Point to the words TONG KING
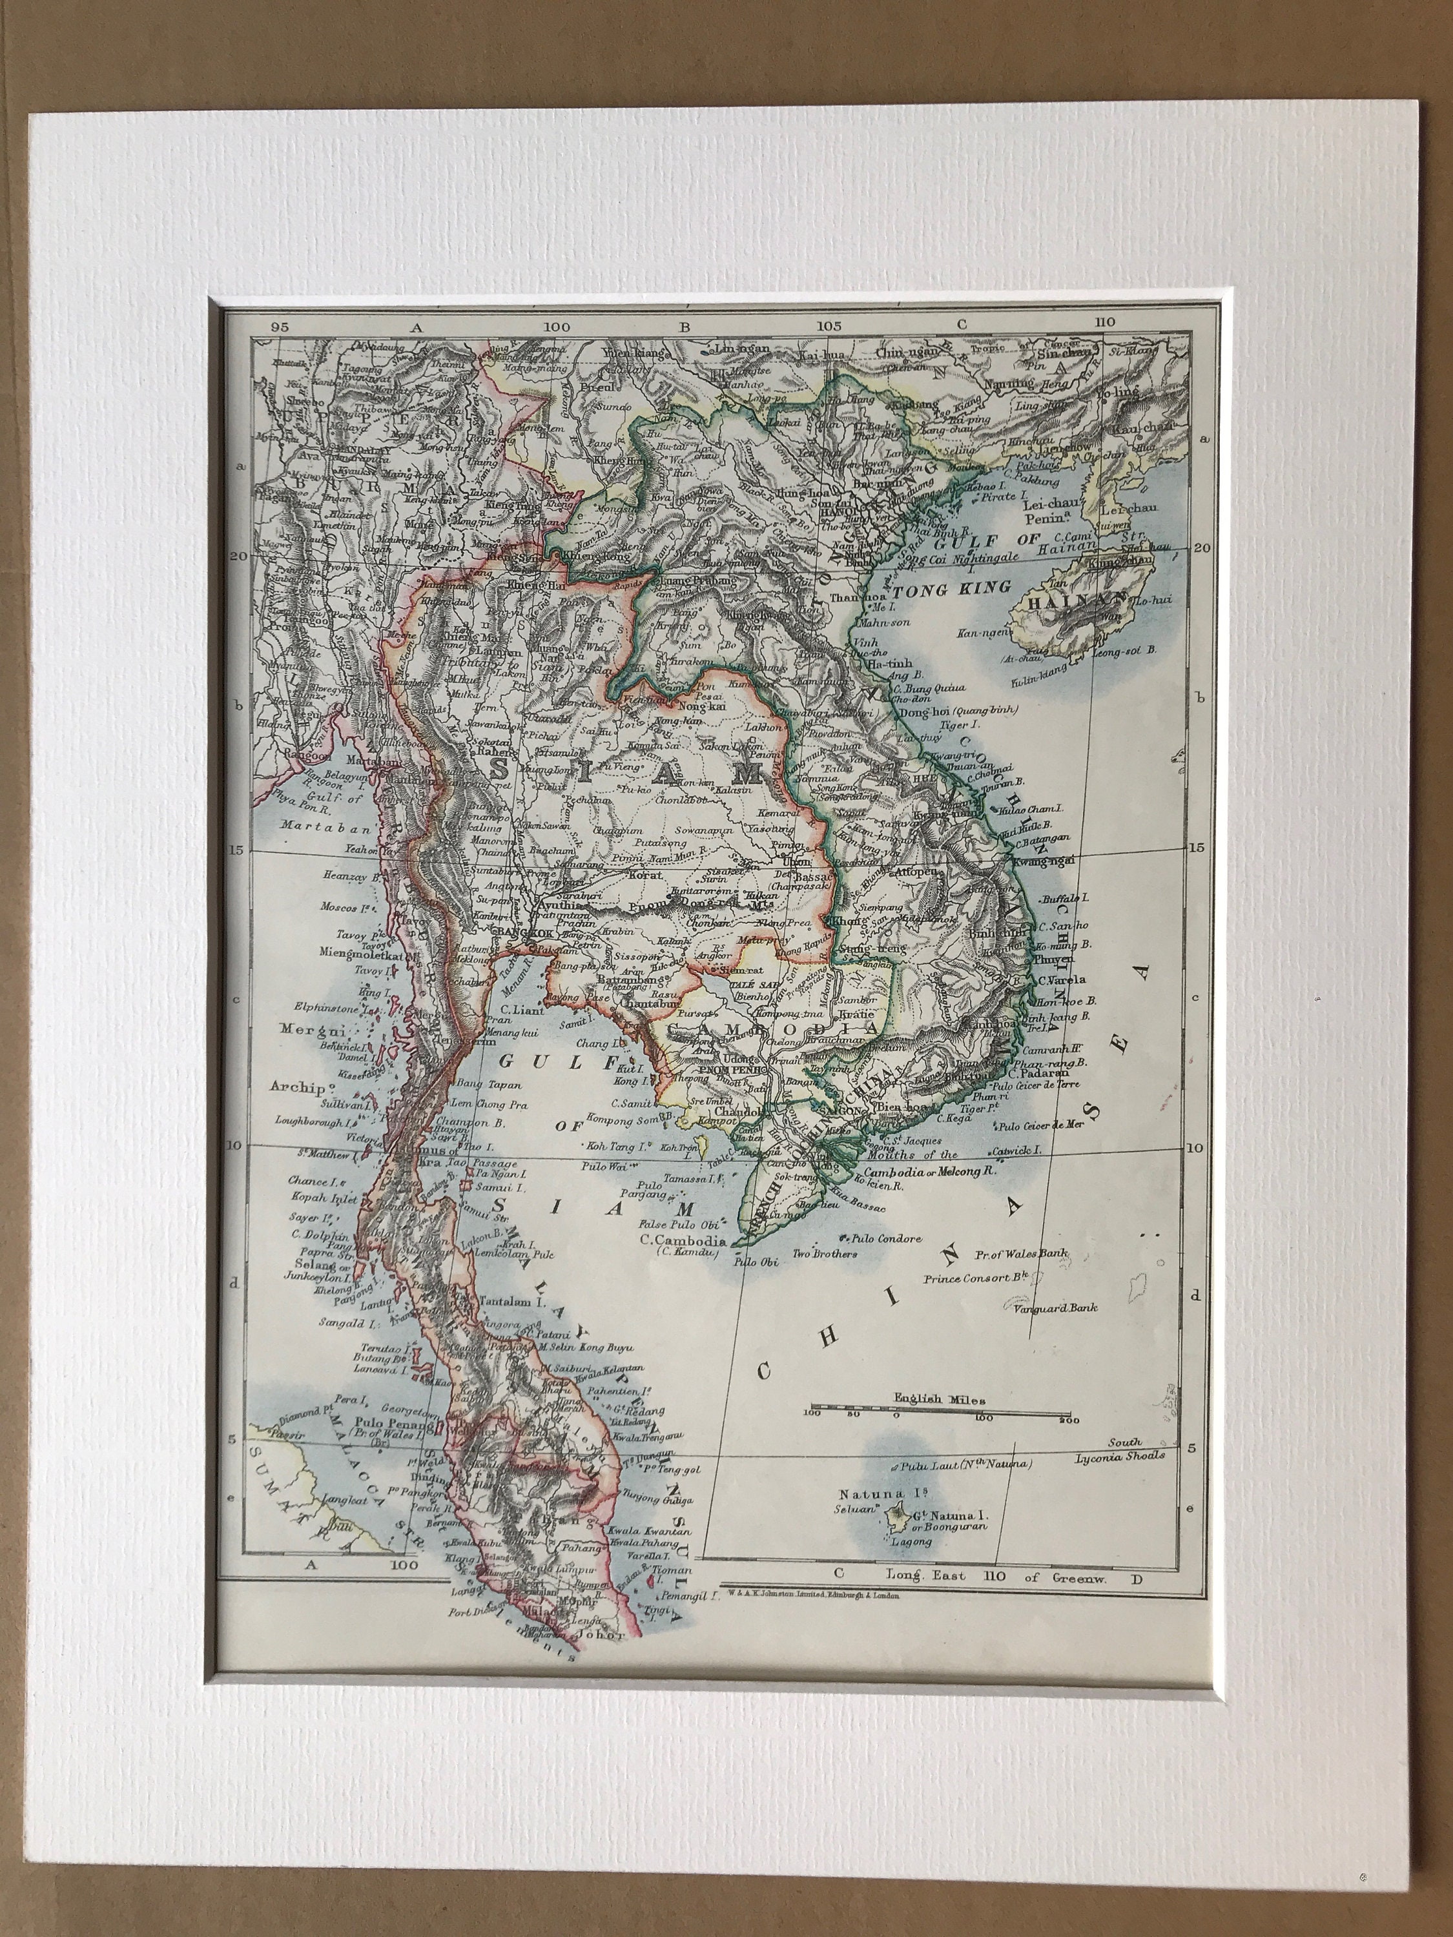[951, 587]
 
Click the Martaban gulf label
[305, 826]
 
